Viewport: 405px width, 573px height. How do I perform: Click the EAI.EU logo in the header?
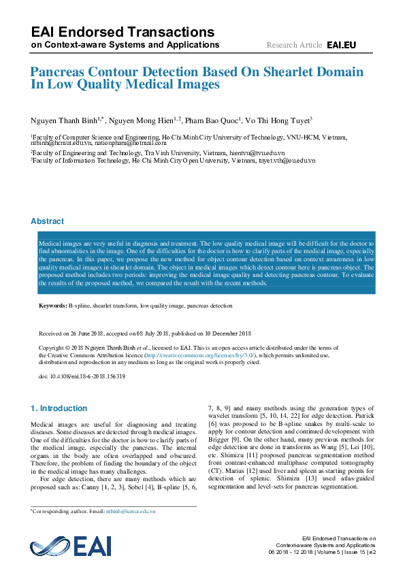pos(341,46)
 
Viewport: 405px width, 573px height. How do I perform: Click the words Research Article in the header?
pos(294,46)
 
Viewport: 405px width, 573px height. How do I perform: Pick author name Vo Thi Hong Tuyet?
pos(277,120)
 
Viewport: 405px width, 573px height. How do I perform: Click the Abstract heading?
pos(48,221)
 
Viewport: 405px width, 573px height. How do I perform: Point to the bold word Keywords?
pos(52,306)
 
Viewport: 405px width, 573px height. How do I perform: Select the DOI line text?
pos(82,377)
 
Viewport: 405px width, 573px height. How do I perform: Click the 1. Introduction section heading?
pos(59,408)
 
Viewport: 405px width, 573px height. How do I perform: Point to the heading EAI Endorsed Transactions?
pos(123,32)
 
